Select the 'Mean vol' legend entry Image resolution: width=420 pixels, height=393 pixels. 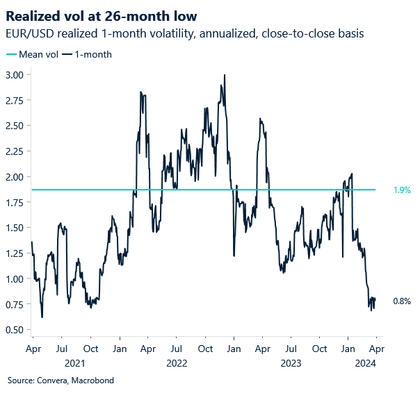click(x=32, y=54)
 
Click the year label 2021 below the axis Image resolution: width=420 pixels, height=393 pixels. click(x=76, y=362)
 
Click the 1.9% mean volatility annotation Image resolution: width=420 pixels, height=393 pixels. click(x=402, y=190)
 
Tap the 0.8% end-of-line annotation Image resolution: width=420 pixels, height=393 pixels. click(x=402, y=301)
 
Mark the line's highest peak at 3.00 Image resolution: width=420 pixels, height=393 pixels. click(x=224, y=75)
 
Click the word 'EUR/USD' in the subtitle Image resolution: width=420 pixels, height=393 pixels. click(x=26, y=33)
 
